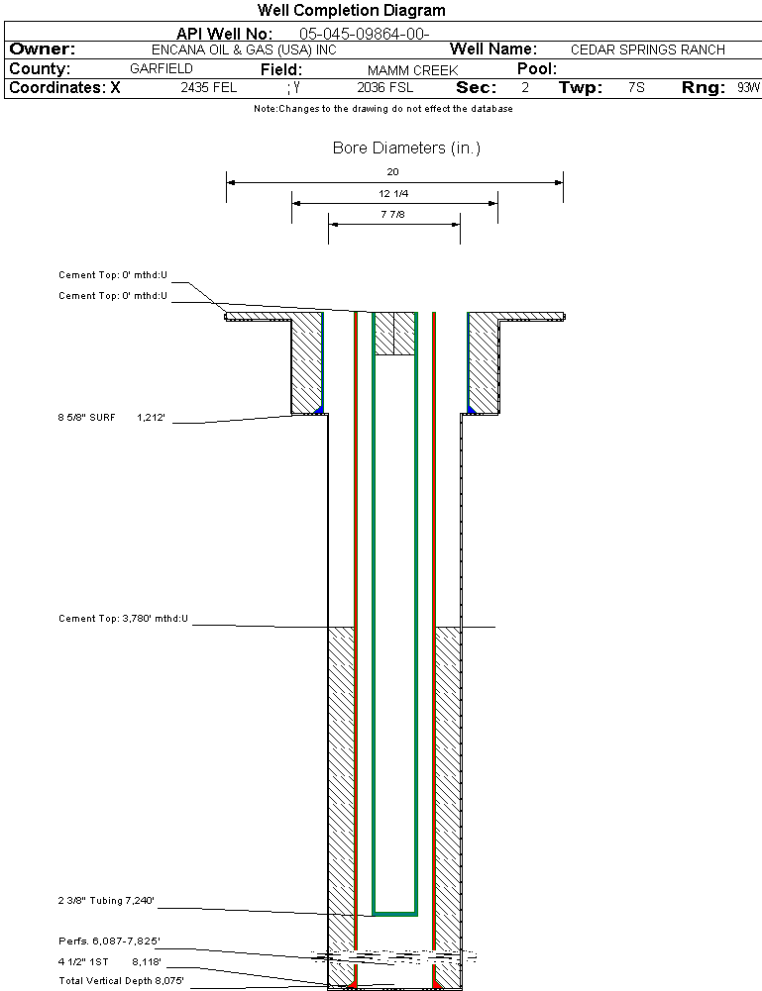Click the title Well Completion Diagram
tap(352, 11)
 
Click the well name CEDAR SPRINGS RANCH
tap(648, 50)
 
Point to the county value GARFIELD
tap(162, 69)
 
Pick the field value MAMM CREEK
tap(412, 70)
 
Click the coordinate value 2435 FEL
tap(209, 88)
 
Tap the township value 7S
tap(636, 88)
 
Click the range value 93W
tap(748, 88)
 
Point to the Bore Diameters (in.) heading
tap(406, 149)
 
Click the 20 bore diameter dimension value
tap(393, 172)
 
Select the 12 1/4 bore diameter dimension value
tap(394, 193)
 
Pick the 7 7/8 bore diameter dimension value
tap(393, 214)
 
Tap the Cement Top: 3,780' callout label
tap(123, 619)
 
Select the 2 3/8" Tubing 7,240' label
tap(106, 901)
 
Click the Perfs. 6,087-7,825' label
tap(108, 941)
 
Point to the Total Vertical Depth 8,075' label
tap(121, 980)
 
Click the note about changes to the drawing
tap(383, 109)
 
